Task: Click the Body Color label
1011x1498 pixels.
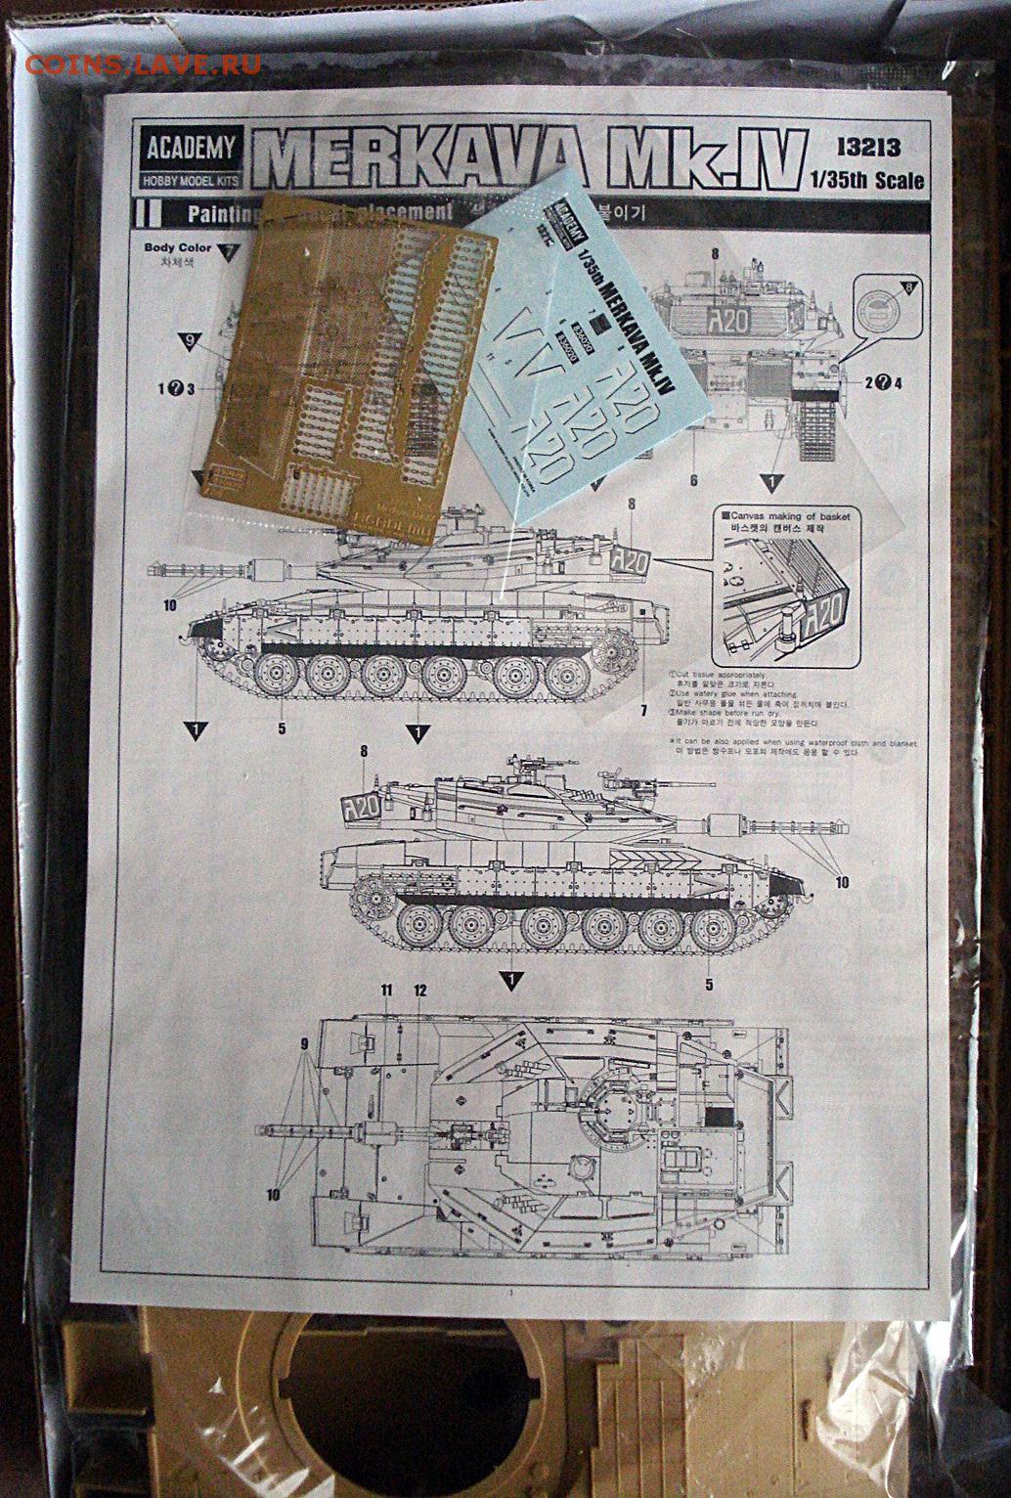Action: (176, 248)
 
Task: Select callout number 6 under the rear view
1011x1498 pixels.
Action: (692, 481)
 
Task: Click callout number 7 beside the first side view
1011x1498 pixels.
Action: (644, 709)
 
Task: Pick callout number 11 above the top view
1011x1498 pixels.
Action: (386, 991)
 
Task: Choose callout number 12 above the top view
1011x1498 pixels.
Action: (420, 991)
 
